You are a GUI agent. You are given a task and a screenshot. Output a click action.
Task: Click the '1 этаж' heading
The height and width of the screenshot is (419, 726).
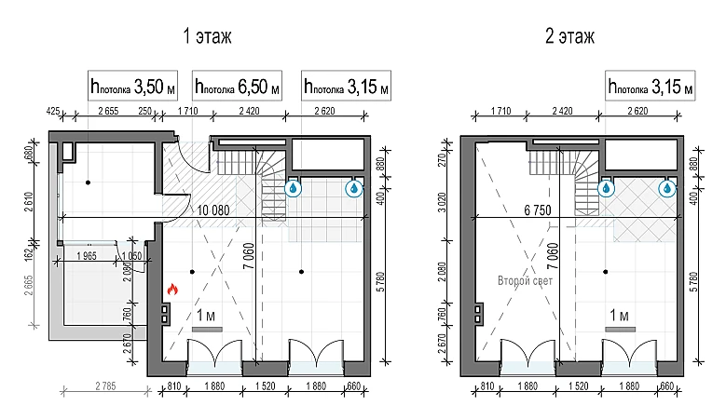point(207,36)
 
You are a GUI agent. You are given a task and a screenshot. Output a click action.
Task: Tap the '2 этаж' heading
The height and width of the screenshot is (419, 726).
point(569,36)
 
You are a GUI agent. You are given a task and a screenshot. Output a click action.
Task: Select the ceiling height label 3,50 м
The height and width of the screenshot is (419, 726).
point(133,86)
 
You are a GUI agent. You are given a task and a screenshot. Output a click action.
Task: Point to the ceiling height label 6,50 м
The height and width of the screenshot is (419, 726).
point(237,86)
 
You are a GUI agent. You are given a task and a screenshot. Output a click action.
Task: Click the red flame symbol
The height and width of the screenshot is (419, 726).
point(172,290)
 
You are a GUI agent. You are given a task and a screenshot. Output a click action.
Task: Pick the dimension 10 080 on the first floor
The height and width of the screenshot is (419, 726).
point(213,210)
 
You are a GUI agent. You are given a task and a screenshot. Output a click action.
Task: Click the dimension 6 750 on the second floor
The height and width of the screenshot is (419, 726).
point(538,210)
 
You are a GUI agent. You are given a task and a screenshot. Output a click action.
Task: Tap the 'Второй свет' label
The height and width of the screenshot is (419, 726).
point(525,280)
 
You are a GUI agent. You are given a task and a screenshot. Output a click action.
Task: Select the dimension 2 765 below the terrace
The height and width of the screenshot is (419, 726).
point(105,385)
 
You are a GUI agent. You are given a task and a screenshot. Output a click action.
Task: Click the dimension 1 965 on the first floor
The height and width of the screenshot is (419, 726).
point(87,256)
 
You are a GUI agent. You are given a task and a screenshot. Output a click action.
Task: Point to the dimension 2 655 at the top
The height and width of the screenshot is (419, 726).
point(108,111)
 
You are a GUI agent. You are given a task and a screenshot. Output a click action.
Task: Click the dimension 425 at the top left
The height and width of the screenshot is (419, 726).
point(53,111)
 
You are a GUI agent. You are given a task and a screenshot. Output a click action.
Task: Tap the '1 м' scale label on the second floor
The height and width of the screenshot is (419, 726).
point(619,316)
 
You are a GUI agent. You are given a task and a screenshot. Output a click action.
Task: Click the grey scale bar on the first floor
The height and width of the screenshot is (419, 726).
point(207,330)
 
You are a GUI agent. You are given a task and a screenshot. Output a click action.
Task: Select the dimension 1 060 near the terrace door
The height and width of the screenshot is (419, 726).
point(131,256)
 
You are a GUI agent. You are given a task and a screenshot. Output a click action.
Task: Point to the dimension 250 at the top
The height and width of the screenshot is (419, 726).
point(145,111)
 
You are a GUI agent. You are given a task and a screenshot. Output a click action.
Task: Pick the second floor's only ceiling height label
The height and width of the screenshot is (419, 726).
point(651,86)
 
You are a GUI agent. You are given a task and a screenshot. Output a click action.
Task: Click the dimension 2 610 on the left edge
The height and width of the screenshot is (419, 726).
point(28,202)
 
